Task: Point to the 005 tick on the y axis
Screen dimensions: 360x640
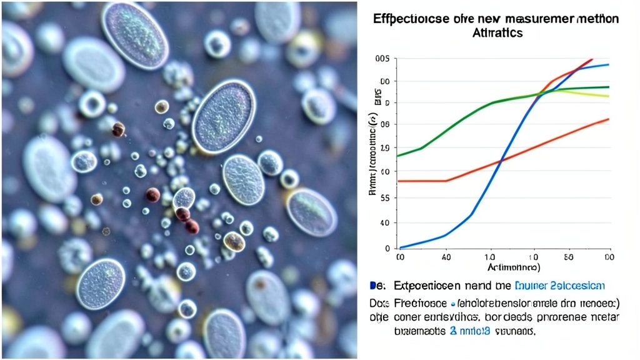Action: [x=382, y=59]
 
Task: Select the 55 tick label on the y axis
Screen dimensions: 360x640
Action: [x=385, y=197]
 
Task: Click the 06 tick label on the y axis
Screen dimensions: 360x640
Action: [x=385, y=124]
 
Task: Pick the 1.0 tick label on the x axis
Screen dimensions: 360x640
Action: [x=489, y=256]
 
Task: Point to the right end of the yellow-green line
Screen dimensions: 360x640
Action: [x=607, y=96]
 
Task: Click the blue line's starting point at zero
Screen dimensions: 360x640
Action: [x=400, y=248]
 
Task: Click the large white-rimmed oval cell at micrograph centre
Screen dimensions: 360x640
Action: [x=224, y=116]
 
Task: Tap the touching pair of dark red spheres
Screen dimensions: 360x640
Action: [x=187, y=219]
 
